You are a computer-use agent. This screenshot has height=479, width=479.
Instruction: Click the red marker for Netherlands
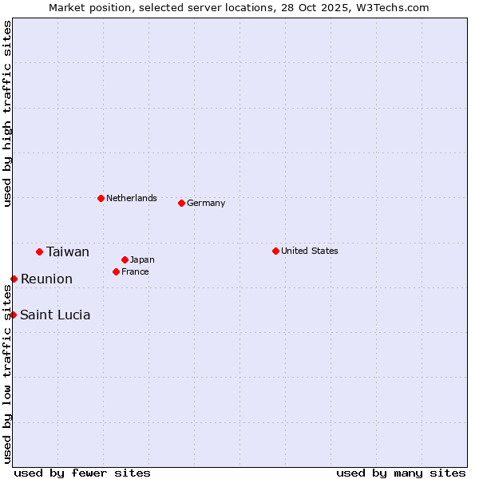[101, 198]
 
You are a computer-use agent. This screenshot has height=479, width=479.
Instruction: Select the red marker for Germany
[181, 203]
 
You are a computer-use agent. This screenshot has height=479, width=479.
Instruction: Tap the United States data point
[275, 251]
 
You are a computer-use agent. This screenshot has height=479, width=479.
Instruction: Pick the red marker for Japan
[125, 259]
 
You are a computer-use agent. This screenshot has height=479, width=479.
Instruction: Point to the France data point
[116, 271]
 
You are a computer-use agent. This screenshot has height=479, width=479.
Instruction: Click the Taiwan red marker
[39, 251]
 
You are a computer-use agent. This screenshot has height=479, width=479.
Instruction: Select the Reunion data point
[14, 279]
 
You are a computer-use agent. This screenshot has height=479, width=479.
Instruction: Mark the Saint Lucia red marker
[13, 315]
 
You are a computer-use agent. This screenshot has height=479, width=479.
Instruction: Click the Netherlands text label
[132, 198]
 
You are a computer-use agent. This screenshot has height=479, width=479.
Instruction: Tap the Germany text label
[206, 203]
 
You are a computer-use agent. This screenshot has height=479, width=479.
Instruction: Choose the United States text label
[310, 251]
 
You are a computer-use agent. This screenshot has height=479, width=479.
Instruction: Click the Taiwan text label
[68, 252]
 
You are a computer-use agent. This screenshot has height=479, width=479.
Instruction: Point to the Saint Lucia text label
[55, 315]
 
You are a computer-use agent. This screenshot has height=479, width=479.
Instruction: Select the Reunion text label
[46, 279]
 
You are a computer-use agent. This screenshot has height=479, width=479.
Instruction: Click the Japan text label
[142, 259]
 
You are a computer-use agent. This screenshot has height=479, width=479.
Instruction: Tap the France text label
[135, 271]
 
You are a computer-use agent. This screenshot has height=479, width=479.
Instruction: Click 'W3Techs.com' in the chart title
[392, 8]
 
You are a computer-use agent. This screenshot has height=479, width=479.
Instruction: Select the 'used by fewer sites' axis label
[82, 473]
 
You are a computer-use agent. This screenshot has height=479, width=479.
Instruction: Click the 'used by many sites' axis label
[401, 473]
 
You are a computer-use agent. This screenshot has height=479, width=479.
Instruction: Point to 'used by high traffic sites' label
[7, 114]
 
